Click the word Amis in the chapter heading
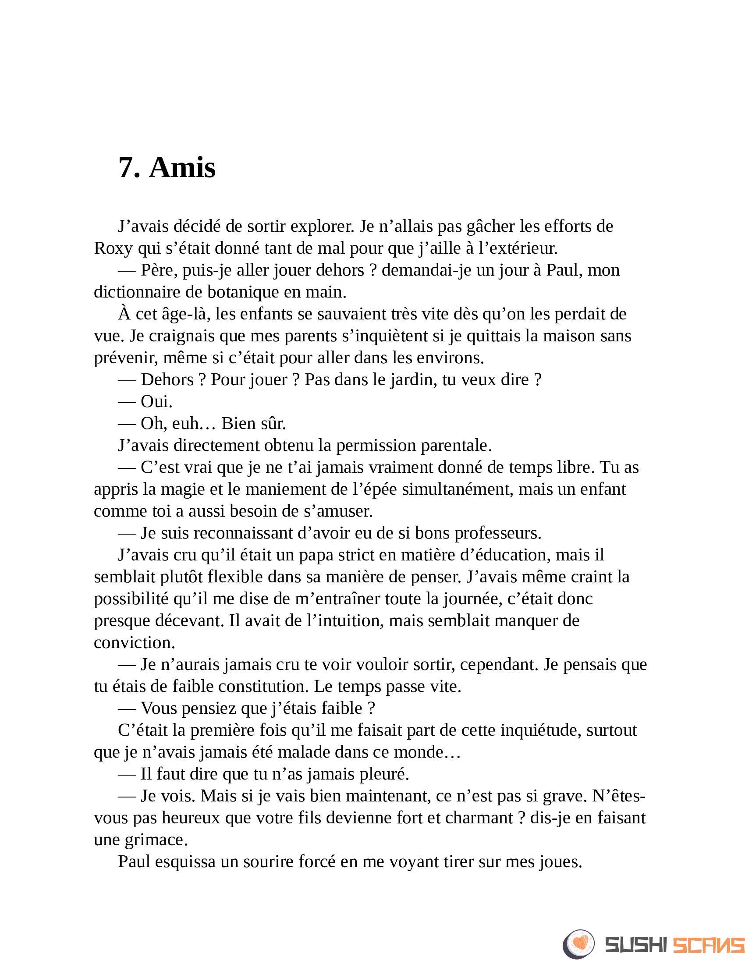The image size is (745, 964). tap(182, 168)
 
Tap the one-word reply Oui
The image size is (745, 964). tap(156, 402)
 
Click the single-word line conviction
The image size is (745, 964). tap(134, 643)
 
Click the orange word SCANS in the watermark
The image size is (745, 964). tap(708, 945)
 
